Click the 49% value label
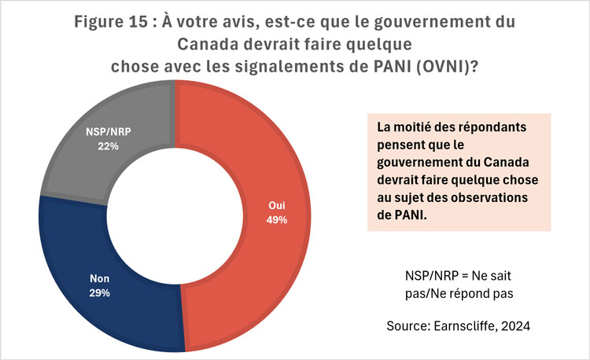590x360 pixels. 276,220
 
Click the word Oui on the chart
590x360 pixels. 276,207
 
